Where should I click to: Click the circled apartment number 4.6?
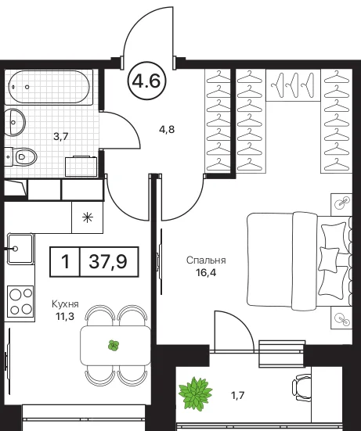coord(146,81)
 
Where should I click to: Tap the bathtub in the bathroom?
coord(49,87)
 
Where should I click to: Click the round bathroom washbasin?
coord(15,122)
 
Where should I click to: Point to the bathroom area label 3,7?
coord(61,136)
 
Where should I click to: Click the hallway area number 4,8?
coord(167,129)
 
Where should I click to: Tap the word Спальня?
coord(206,260)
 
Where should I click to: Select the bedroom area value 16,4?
coord(206,273)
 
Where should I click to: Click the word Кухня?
coord(65,304)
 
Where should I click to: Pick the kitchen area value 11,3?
coord(65,316)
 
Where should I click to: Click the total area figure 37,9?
coord(108,261)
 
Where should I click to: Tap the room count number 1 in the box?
coord(65,261)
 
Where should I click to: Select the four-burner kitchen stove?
coord(21,302)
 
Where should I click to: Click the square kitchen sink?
coord(20,249)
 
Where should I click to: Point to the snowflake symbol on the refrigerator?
coord(88,217)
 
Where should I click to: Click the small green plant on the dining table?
coord(114,345)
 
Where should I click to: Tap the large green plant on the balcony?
coord(195,394)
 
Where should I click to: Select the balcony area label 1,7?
coord(237,396)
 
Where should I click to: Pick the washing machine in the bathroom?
coord(81,167)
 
